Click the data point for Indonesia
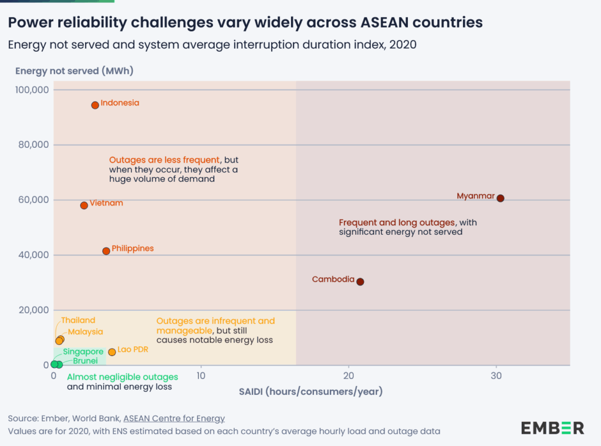[x=95, y=105]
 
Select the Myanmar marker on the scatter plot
[x=501, y=198]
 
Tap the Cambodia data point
[x=360, y=282]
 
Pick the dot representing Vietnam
[x=84, y=205]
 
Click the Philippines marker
[x=106, y=251]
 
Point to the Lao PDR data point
[x=112, y=352]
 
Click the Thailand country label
[x=78, y=320]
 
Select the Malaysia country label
[x=85, y=332]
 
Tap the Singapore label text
[x=83, y=352]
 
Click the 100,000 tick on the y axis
[x=32, y=90]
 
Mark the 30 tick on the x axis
[x=497, y=376]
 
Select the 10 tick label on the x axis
[x=201, y=376]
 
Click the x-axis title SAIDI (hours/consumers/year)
[x=310, y=391]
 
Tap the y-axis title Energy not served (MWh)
[x=75, y=71]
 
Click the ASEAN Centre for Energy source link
[x=174, y=418]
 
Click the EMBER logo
[x=552, y=428]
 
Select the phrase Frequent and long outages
[x=397, y=223]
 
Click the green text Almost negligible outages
[x=123, y=377]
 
